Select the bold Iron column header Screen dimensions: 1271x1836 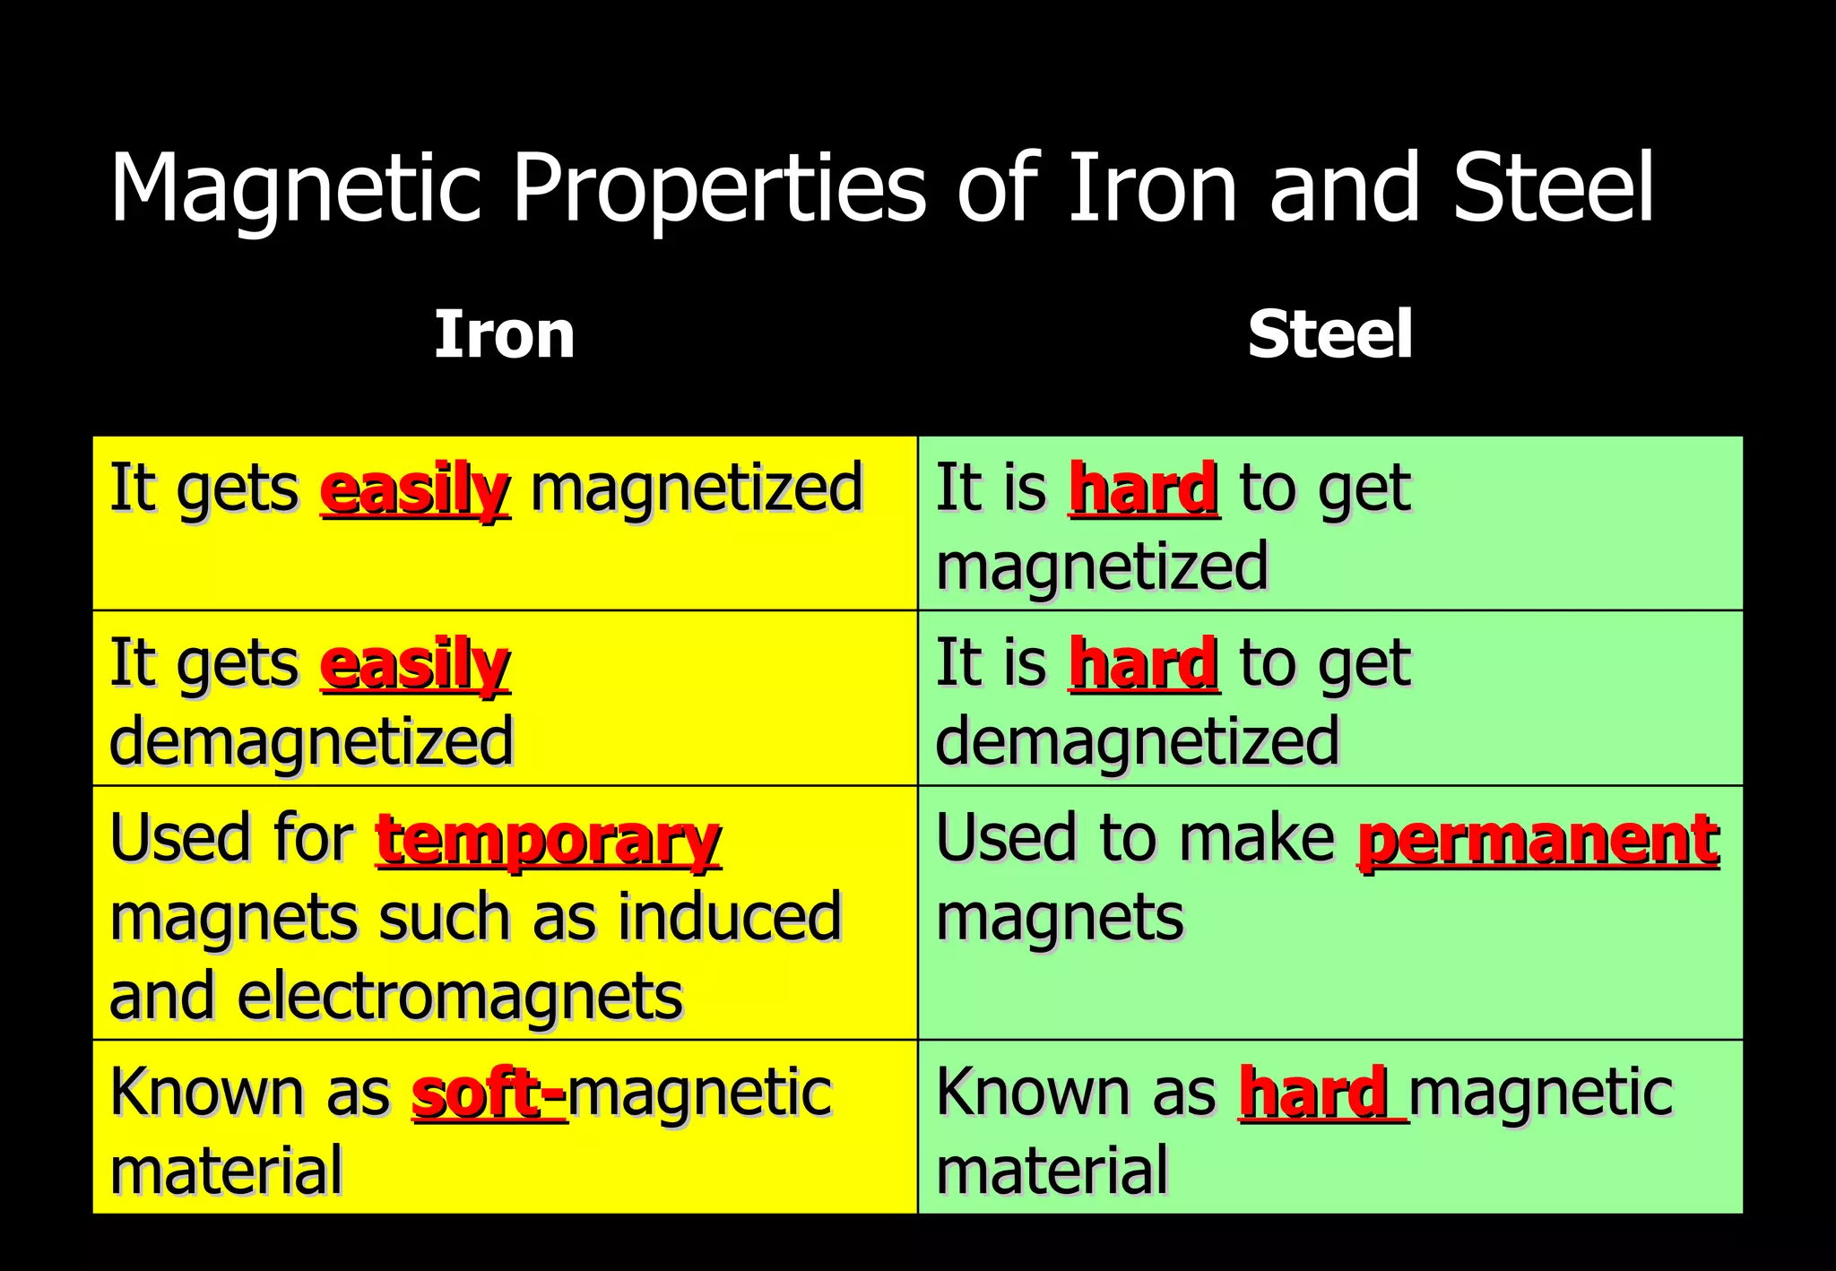coord(504,334)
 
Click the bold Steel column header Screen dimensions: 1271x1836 coord(1329,334)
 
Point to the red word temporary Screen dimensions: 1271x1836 coord(548,841)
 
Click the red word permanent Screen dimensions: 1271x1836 coord(1538,841)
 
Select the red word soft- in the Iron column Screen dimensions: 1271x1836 coord(489,1094)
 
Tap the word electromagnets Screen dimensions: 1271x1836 coord(460,996)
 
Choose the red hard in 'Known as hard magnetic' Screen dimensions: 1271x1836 coord(1314,1094)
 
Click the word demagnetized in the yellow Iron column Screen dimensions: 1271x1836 coord(311,742)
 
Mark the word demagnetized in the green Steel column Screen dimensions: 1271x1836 coord(1137,742)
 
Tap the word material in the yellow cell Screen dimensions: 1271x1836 coord(226,1171)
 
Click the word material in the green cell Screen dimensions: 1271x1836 coord(1052,1171)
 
